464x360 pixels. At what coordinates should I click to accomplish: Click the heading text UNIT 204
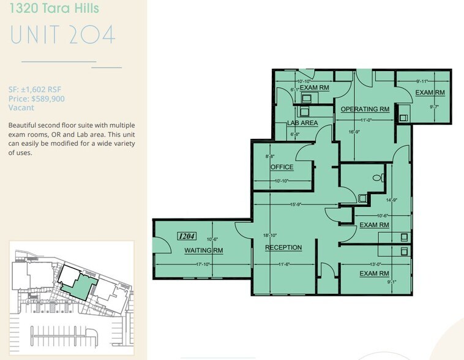pos(62,34)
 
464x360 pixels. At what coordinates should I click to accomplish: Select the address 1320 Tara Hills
pos(54,9)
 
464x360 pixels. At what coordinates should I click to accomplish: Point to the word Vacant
pos(21,107)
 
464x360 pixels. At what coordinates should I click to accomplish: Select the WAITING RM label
pos(204,250)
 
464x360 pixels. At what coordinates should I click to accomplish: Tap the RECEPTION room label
pos(283,247)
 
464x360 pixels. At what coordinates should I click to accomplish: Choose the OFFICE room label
pos(282,167)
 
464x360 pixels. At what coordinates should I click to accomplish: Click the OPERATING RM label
pos(365,109)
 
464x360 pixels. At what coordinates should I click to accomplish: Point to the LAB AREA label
pos(302,123)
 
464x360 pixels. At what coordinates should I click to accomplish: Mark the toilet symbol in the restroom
pos(379,178)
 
